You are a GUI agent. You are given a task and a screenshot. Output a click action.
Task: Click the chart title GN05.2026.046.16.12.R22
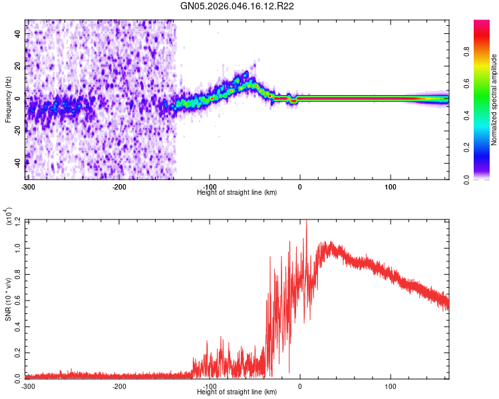[x=238, y=6]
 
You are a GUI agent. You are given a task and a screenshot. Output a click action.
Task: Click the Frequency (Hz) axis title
[x=8, y=99]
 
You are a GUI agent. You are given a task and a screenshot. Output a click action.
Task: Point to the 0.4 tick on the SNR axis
[x=17, y=325]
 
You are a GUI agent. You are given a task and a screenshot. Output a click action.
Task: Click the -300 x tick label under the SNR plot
[x=28, y=385]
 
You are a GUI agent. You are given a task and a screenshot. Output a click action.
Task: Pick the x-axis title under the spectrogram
[x=237, y=192]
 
